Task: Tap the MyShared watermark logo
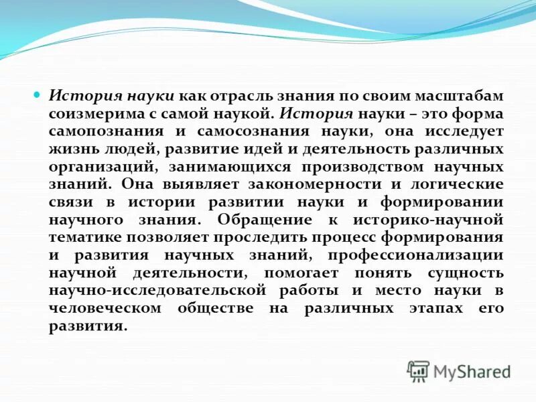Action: pos(459,371)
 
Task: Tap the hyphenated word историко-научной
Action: pos(436,218)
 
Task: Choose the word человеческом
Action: pos(105,307)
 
